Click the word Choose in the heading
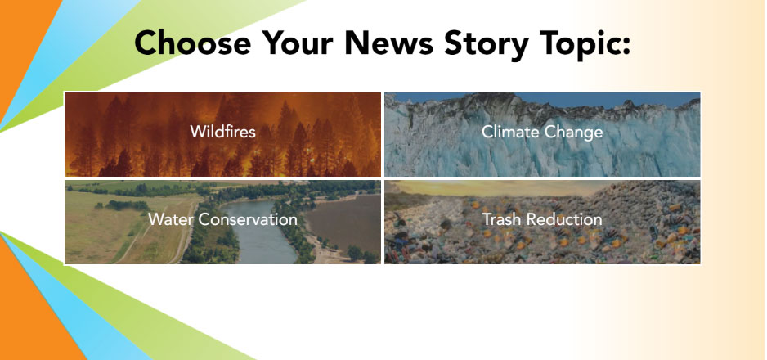(193, 43)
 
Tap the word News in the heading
(388, 43)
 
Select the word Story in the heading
(487, 44)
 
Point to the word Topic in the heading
(577, 44)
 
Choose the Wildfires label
(223, 132)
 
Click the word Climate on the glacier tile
(511, 132)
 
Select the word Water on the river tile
(171, 219)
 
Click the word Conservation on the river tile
(248, 219)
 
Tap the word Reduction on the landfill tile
(564, 219)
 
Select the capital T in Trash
(487, 219)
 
